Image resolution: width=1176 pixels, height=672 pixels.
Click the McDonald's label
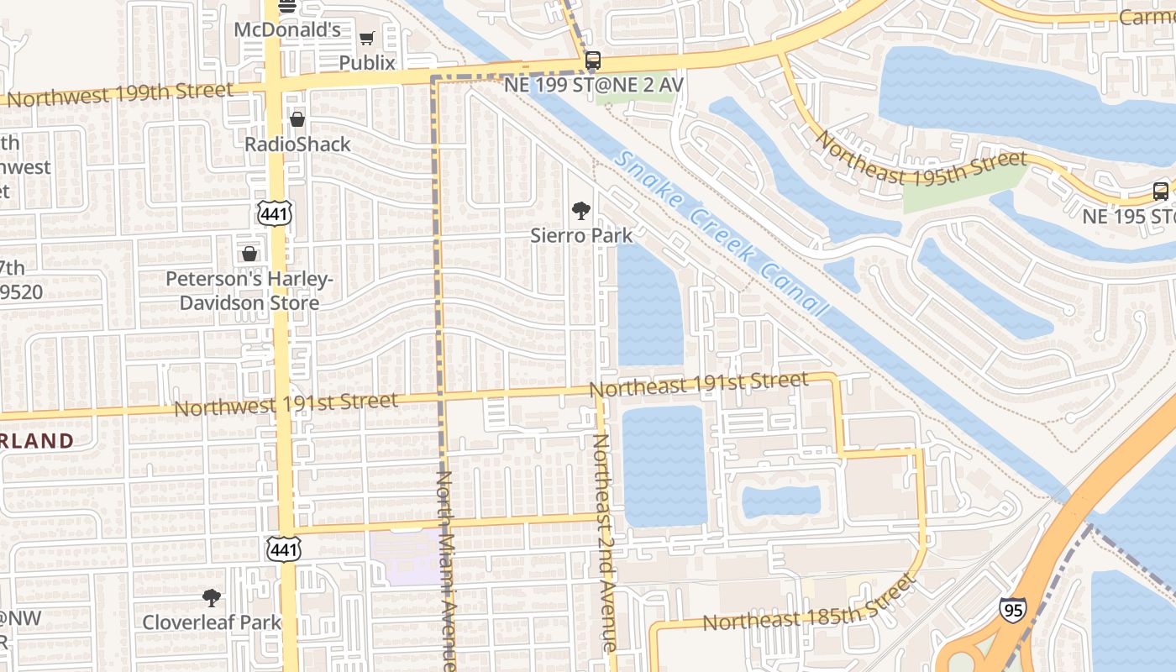coord(286,30)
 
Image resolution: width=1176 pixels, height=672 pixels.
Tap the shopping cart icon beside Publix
coord(366,38)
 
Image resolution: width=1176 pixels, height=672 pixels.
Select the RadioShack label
coord(297,144)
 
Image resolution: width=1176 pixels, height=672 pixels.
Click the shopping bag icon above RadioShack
coord(297,119)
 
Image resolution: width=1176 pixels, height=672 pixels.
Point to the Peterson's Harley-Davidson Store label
coord(249,291)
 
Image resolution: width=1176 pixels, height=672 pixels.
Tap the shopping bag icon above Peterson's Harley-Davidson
coord(249,253)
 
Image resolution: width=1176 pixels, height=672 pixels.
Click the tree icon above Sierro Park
coord(580,211)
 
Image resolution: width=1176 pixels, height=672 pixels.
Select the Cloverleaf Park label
coord(212,622)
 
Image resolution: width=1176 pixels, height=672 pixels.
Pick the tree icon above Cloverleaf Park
coord(212,598)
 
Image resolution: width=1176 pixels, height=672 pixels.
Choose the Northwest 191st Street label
coord(286,404)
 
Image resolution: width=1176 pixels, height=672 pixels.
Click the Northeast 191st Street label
coord(699,384)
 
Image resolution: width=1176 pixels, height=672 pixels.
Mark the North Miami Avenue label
coord(445,570)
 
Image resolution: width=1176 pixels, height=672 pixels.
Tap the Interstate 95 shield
coord(1012,609)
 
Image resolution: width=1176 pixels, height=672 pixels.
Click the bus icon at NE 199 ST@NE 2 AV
coord(593,60)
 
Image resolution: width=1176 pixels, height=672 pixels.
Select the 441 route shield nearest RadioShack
coord(276,214)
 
